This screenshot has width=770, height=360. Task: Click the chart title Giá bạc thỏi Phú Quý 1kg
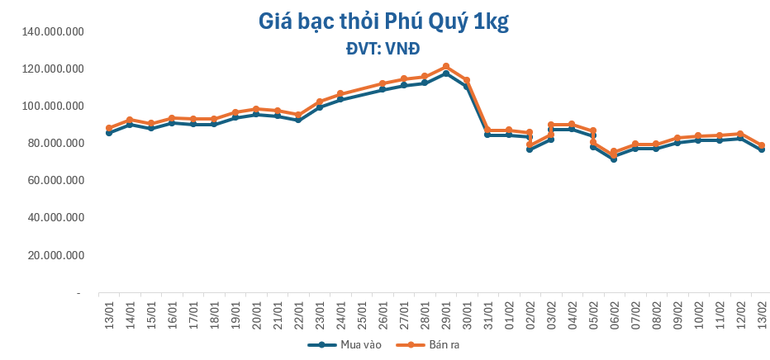click(383, 22)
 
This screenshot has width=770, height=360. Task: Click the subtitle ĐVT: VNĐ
click(383, 48)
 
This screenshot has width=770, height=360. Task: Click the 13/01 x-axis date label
click(110, 311)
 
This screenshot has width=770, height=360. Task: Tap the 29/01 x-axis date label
click(446, 311)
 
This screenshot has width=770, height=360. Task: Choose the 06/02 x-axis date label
click(614, 311)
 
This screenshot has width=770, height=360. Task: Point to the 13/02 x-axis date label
click(762, 311)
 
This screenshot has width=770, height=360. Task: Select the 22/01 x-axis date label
click(299, 311)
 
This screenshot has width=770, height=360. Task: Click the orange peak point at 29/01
click(446, 66)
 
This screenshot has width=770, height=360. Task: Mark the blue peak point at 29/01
click(446, 73)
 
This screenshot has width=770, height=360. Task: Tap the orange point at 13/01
click(109, 128)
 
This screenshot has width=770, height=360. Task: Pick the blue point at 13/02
click(762, 149)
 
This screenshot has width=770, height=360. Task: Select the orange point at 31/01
click(487, 130)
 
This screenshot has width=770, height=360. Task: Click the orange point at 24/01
click(340, 93)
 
